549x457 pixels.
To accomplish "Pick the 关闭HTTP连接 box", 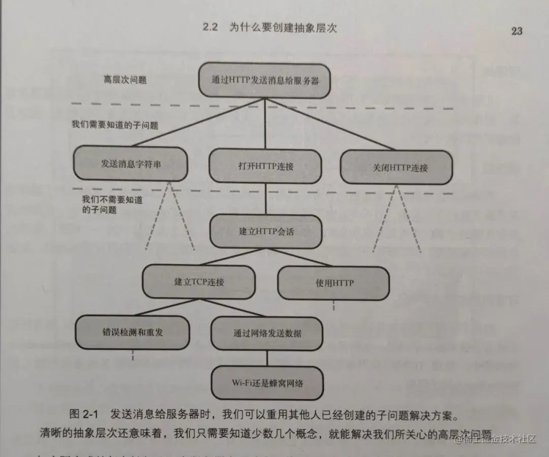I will coord(396,167).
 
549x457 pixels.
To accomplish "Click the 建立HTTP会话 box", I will coord(266,231).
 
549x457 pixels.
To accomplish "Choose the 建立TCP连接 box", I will coord(199,282).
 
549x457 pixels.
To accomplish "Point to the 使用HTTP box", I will coord(333,283).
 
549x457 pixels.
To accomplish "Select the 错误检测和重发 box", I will coord(132,332).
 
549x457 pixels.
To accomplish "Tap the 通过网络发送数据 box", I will coord(267,333).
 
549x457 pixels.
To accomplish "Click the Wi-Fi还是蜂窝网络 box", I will coord(267,382).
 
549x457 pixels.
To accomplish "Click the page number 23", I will coord(516,31).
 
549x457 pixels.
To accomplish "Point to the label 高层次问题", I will coord(125,80).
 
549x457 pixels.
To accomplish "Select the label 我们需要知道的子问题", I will coord(115,125).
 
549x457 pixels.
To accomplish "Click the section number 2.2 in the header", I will coord(210,27).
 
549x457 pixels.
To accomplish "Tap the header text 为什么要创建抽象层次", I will coord(283,27).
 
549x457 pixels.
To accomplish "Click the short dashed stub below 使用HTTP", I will coord(333,305).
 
